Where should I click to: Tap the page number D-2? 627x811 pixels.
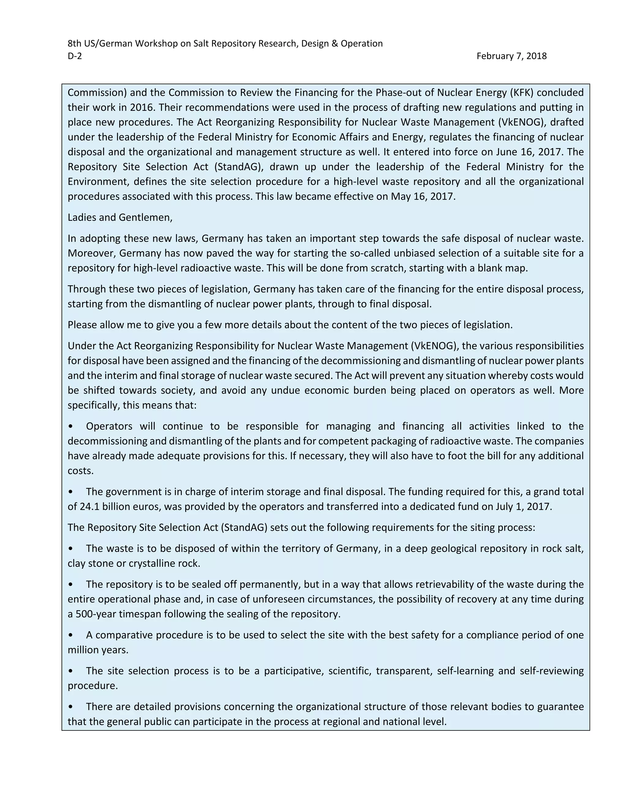[74, 56]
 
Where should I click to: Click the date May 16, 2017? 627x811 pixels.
[423, 196]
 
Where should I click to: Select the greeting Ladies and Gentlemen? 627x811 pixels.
[120, 217]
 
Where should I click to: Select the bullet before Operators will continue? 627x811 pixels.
[71, 426]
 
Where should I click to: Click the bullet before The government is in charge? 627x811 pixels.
[71, 492]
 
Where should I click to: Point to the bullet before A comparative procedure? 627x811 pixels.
[71, 635]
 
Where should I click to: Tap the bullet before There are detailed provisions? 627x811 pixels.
[71, 707]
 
